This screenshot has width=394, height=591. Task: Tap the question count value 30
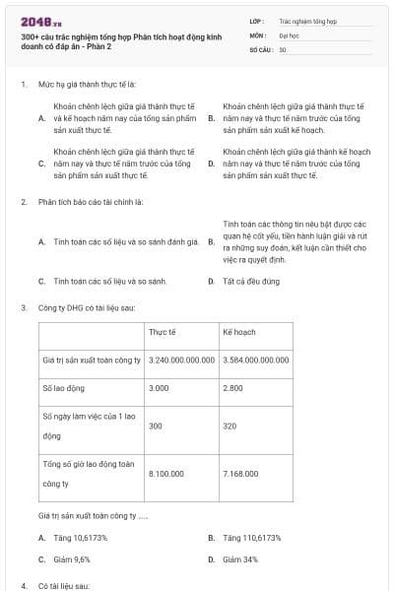(x=283, y=48)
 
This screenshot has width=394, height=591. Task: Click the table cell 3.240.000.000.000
(x=181, y=361)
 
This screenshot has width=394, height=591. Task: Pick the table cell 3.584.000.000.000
(x=256, y=361)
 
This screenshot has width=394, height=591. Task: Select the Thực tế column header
(x=163, y=333)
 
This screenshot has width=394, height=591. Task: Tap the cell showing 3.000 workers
(x=161, y=389)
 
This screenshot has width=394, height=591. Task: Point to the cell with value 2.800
(x=234, y=389)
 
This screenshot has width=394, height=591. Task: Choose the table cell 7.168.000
(x=240, y=474)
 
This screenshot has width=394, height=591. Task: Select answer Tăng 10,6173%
(x=81, y=538)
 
